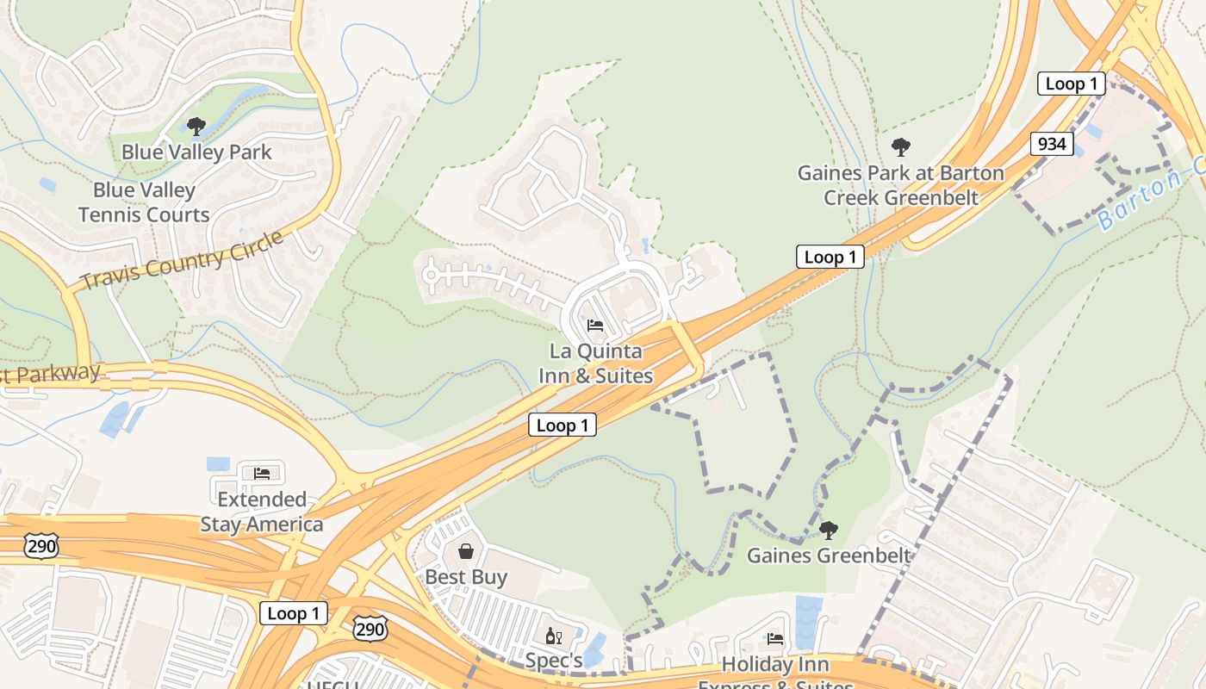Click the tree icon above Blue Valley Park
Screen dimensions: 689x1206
pos(196,127)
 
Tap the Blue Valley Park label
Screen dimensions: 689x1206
pos(196,152)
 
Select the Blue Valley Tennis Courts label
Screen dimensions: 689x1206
pos(144,202)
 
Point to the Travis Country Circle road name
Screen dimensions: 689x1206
pos(182,260)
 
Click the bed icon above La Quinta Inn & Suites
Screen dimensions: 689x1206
pos(595,326)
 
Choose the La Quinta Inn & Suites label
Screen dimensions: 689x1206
pos(595,363)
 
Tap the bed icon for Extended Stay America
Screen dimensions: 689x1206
pos(262,473)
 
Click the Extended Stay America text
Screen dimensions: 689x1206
pos(262,512)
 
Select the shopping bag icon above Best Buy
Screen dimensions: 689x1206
pos(466,550)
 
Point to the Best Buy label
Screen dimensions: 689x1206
pos(466,577)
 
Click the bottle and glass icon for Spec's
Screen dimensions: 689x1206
pos(553,636)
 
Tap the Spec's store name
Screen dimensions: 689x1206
pos(555,661)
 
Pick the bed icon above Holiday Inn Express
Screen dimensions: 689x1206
pos(775,638)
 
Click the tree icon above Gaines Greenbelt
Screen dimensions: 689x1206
pos(828,530)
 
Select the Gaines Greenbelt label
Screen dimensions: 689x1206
pos(828,556)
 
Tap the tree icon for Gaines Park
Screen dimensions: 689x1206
pos(901,147)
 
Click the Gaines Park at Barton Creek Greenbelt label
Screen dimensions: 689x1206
pos(901,185)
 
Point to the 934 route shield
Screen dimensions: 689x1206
pos(1052,144)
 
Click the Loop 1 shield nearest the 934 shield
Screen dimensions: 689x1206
pos(1071,84)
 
